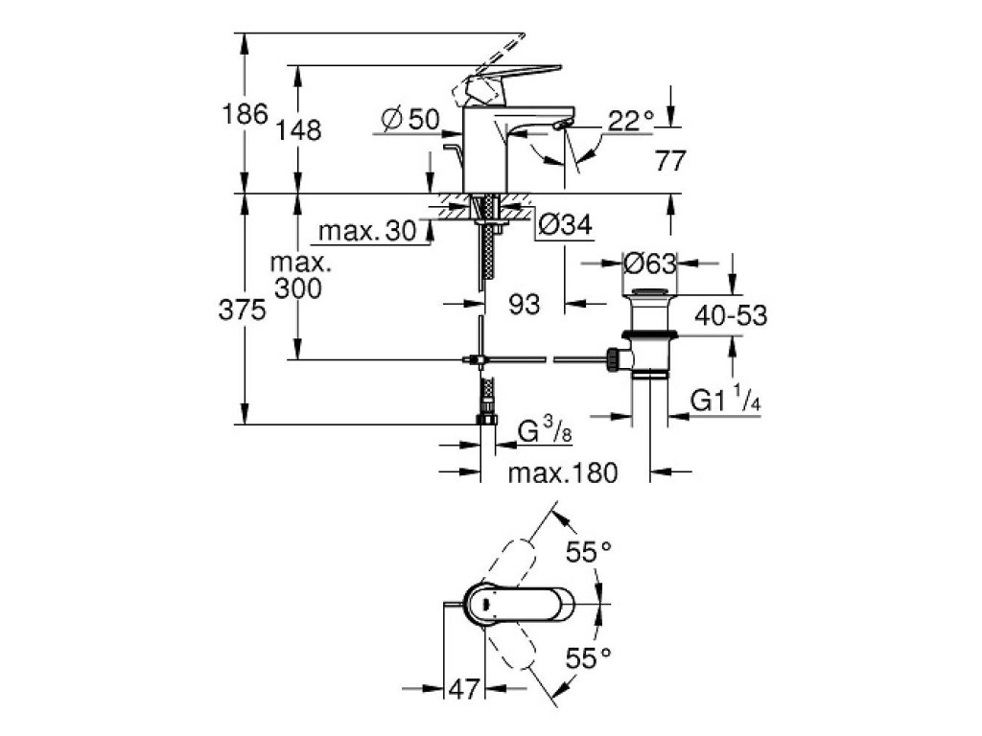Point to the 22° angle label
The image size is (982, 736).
631,120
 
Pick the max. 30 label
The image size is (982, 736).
362,232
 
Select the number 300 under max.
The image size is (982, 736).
296,288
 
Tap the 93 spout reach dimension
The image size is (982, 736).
524,305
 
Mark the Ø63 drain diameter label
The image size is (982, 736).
649,263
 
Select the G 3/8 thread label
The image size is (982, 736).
542,434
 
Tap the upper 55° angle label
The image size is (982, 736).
589,553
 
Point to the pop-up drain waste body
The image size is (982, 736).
651,335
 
